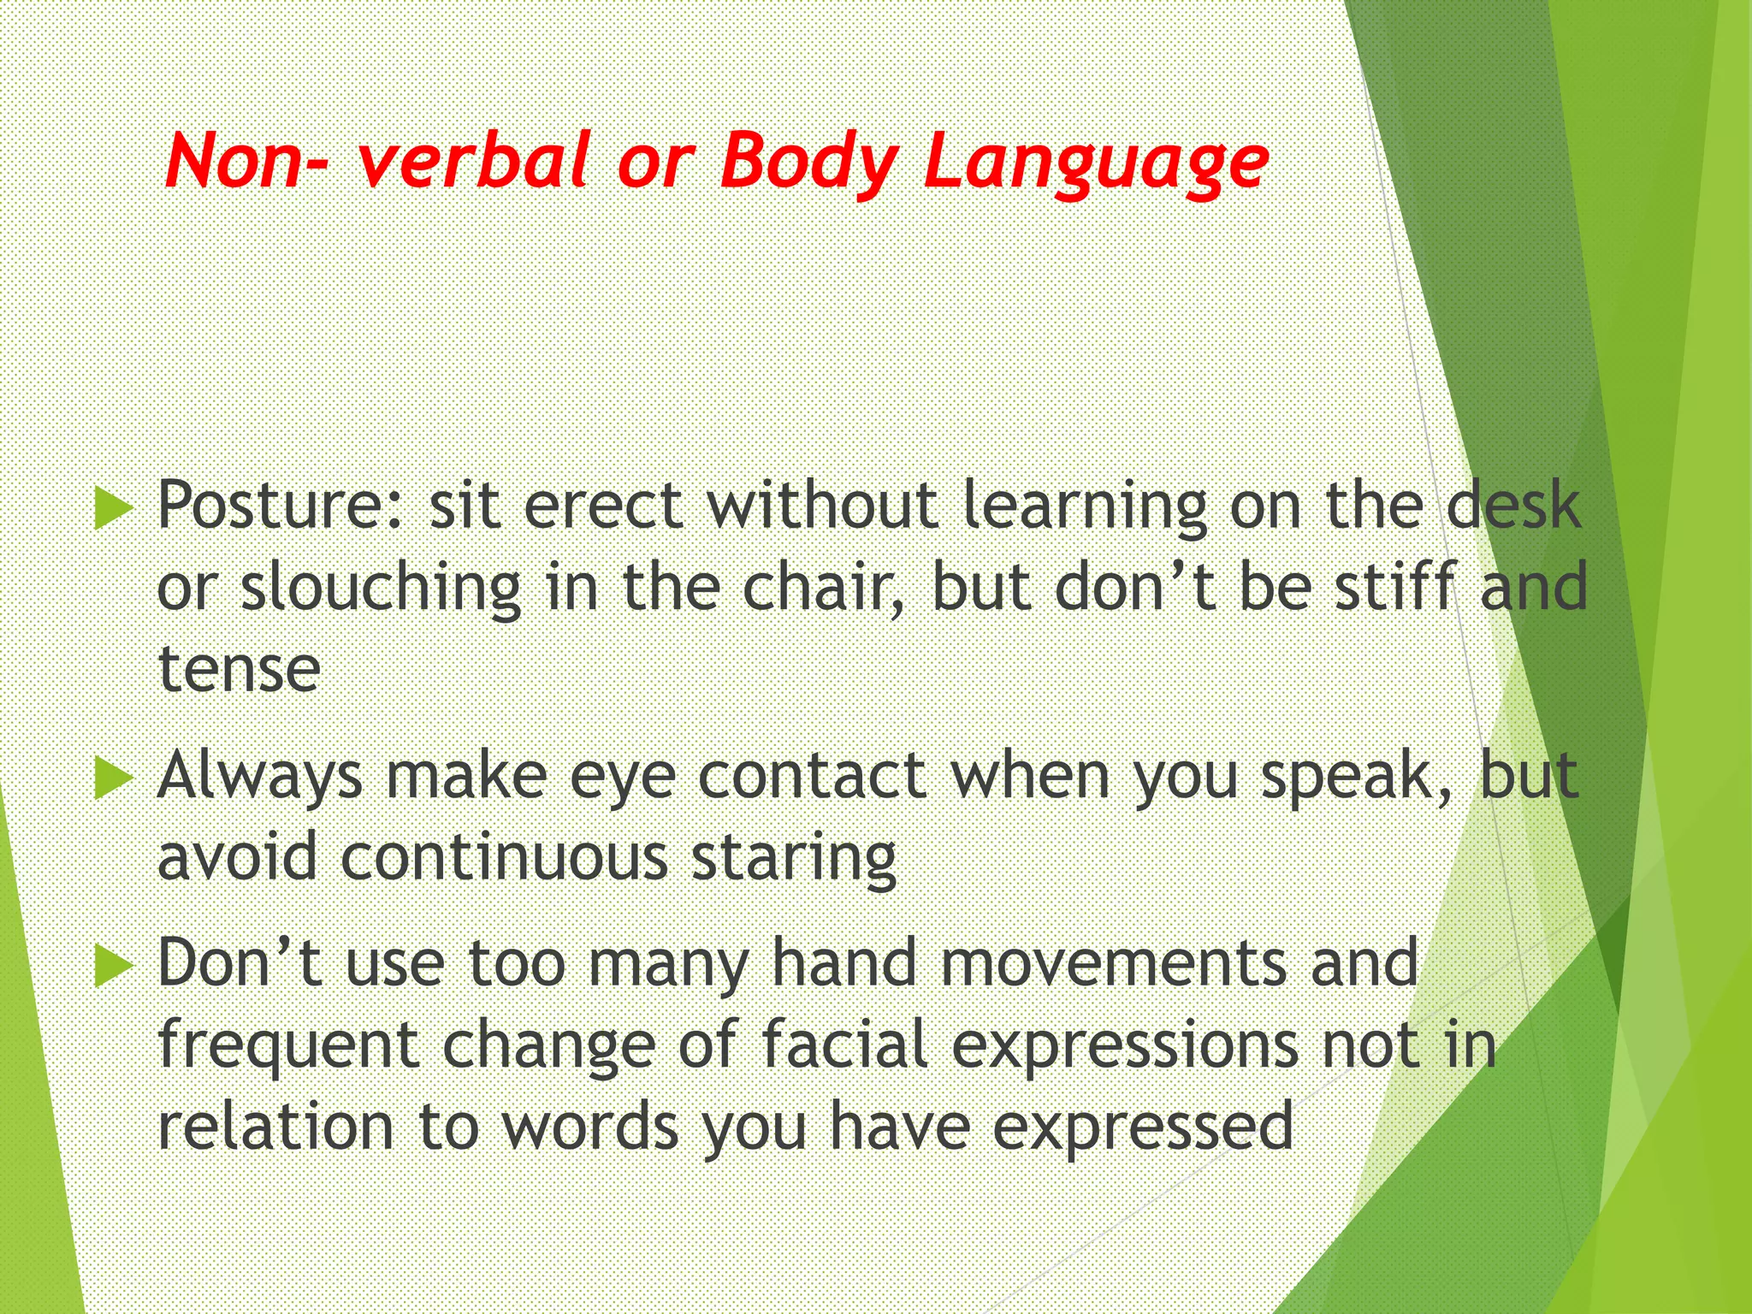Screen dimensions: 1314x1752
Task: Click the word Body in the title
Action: point(808,163)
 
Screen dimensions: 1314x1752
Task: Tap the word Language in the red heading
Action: point(1095,163)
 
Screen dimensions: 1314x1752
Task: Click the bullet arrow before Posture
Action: point(113,508)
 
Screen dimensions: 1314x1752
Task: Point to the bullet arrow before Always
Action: point(113,778)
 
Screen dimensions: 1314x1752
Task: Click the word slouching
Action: point(381,588)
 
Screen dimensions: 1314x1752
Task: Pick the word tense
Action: point(240,670)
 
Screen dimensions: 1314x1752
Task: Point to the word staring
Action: point(793,858)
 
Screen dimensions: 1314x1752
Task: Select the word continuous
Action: point(504,858)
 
